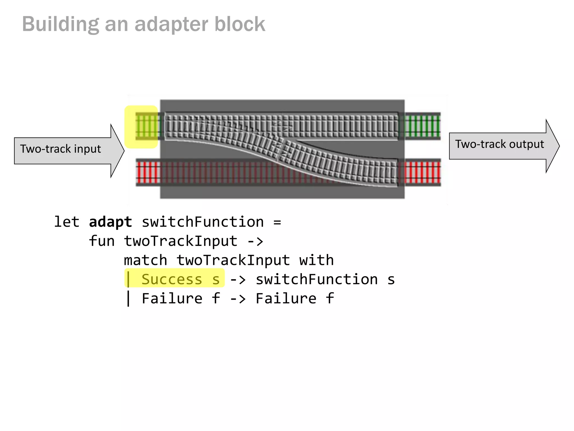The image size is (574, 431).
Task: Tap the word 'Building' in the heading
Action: (60, 24)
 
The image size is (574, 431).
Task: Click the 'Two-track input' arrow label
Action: (60, 149)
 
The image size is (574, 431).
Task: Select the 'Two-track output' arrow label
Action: (499, 144)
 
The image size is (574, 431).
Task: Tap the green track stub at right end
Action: (422, 126)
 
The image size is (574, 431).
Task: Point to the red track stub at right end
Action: (422, 172)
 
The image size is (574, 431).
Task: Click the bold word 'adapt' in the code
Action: (110, 222)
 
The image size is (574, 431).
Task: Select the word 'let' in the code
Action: (66, 222)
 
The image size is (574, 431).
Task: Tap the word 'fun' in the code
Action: (101, 241)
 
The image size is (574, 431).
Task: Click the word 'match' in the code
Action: (145, 260)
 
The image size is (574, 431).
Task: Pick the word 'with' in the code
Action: (316, 260)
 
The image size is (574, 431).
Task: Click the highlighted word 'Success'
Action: (172, 279)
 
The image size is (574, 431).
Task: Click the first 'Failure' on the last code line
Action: (172, 299)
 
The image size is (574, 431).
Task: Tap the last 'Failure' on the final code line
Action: (286, 299)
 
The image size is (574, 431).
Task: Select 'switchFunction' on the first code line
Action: (203, 222)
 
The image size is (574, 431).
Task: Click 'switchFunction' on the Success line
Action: (317, 279)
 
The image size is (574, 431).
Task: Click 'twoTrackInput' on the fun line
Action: (181, 241)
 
